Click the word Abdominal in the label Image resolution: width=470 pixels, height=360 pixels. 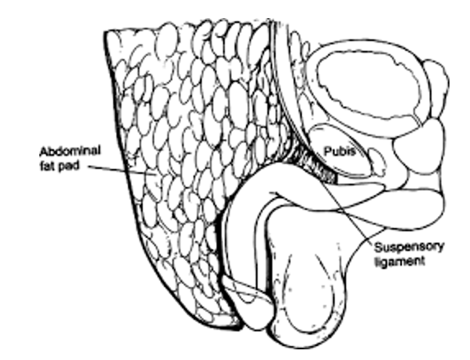tap(70, 151)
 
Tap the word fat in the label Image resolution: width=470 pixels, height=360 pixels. tap(46, 166)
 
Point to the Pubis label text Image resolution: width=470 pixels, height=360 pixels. tap(340, 152)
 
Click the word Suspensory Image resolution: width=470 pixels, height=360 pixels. tap(408, 248)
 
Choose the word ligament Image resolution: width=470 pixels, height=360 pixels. tap(399, 262)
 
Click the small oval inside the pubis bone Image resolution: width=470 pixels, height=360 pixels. tap(376, 162)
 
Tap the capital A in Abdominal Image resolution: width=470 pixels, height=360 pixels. tap(44, 152)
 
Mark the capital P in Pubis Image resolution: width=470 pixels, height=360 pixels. tap(328, 151)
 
